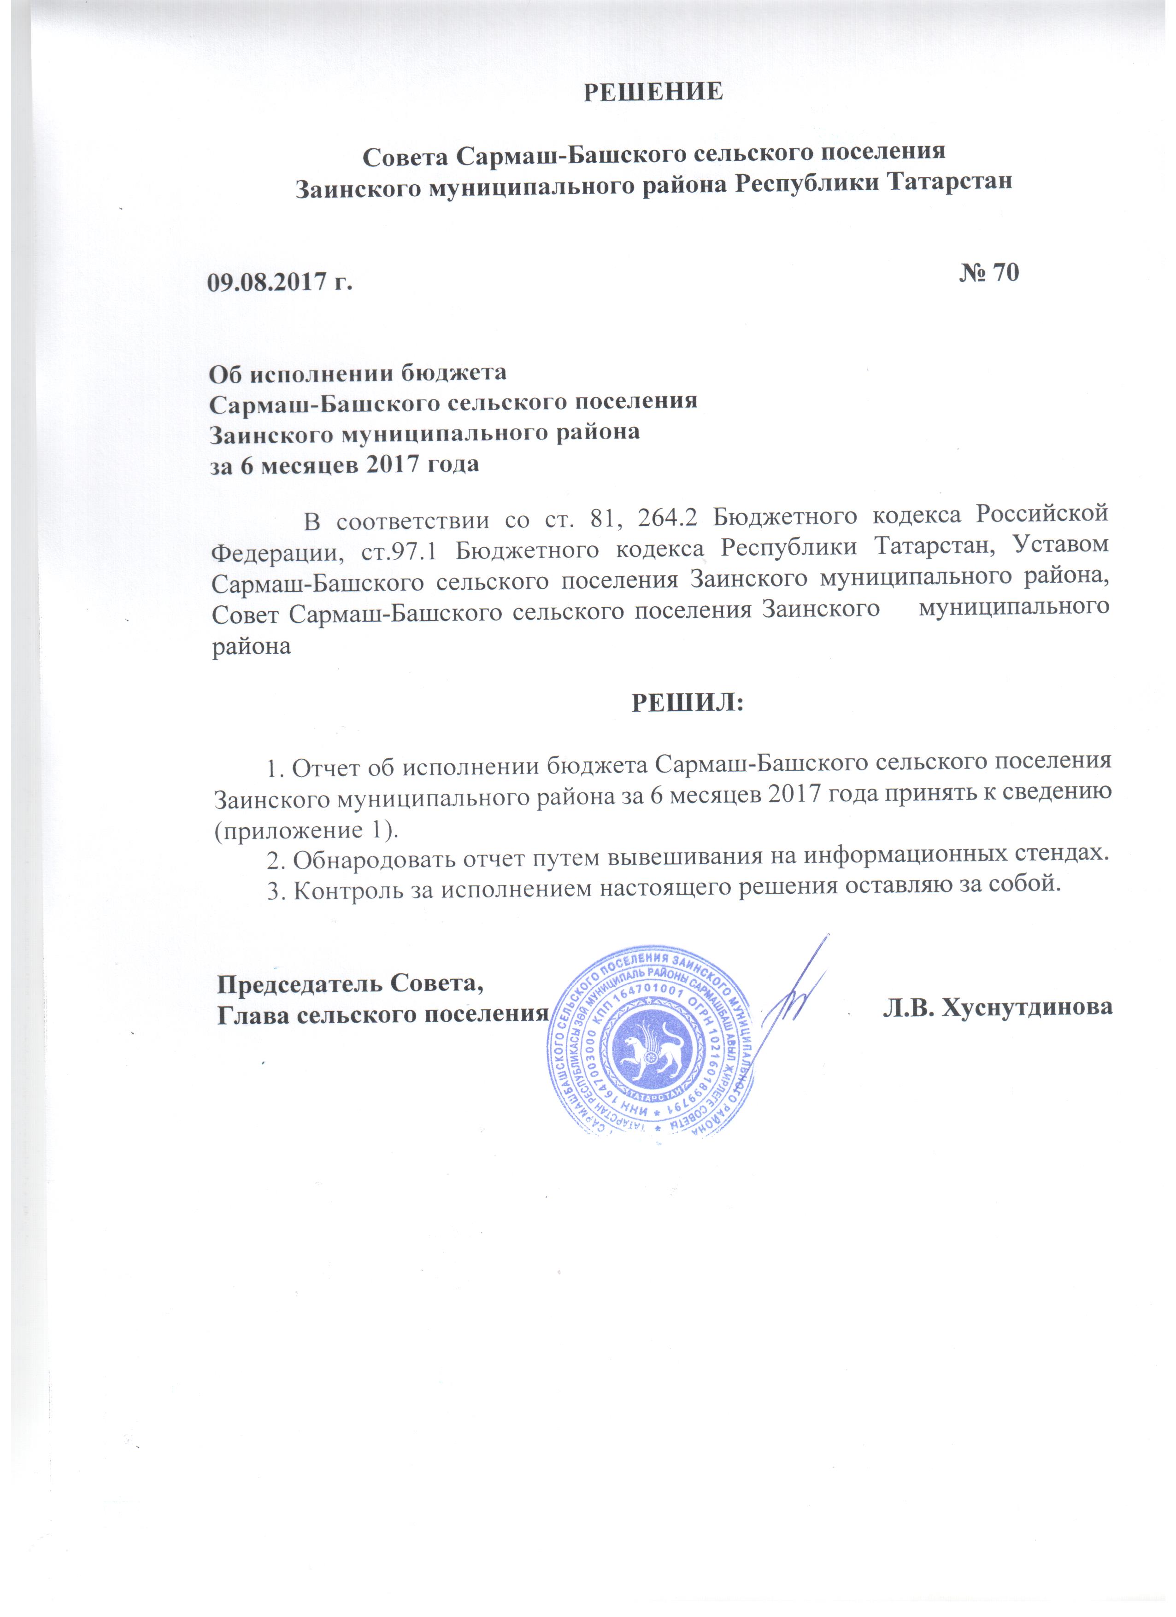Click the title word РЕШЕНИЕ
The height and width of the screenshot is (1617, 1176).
pos(653,93)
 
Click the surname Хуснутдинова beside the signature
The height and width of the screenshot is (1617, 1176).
pos(998,1007)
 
